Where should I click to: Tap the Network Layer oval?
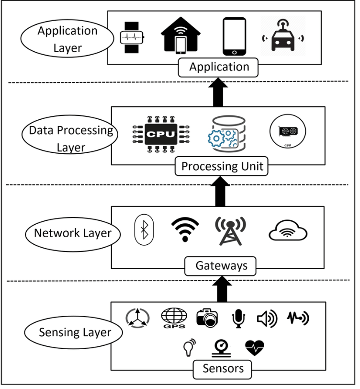73,233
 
